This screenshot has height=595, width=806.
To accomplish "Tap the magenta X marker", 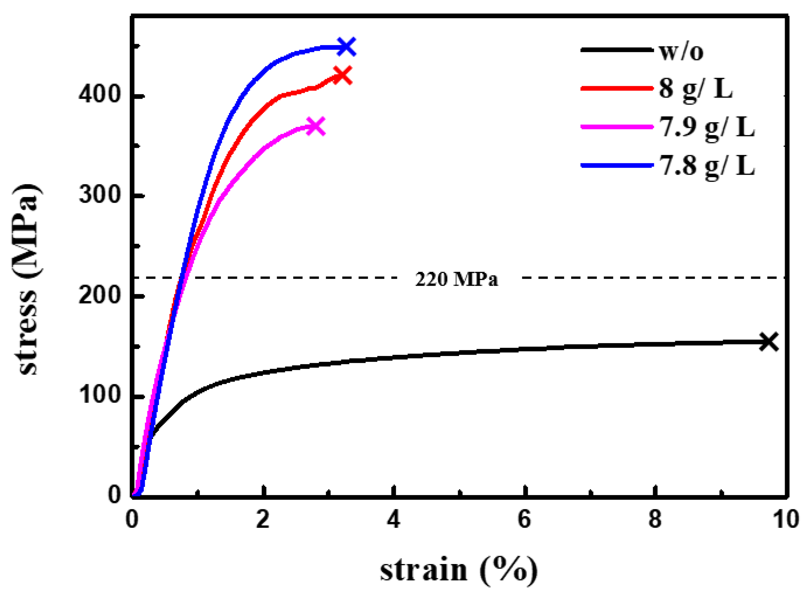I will click(316, 126).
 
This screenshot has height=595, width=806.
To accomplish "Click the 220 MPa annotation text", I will click(457, 279).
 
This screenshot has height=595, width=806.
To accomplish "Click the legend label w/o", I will click(681, 51).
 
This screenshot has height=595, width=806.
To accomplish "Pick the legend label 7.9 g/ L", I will click(707, 127).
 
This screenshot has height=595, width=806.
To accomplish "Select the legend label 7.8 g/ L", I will click(707, 166).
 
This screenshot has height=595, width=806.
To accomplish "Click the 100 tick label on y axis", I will click(99, 395).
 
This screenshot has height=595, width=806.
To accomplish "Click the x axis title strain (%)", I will click(459, 570).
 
